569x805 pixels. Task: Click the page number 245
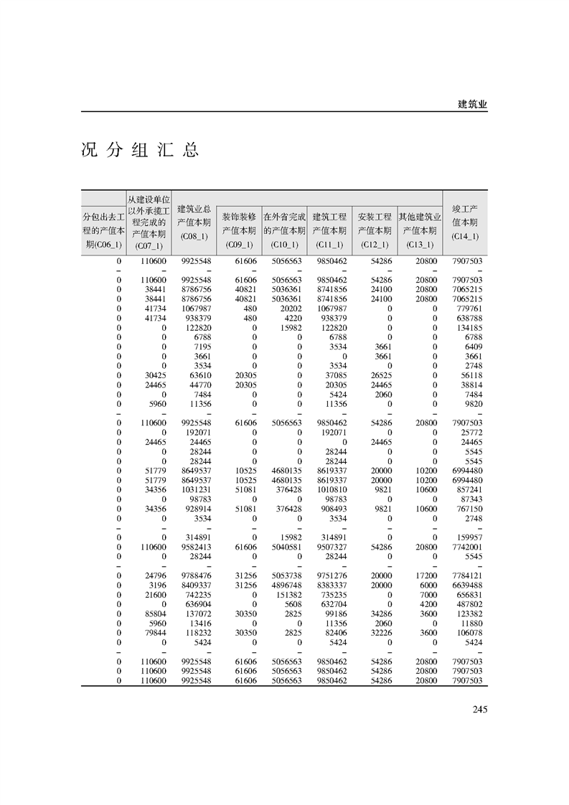(x=480, y=710)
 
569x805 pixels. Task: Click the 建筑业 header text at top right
(x=472, y=104)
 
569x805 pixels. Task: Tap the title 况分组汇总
(x=139, y=150)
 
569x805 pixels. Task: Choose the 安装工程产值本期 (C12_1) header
(x=375, y=230)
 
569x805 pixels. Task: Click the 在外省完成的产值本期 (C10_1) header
(x=284, y=230)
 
